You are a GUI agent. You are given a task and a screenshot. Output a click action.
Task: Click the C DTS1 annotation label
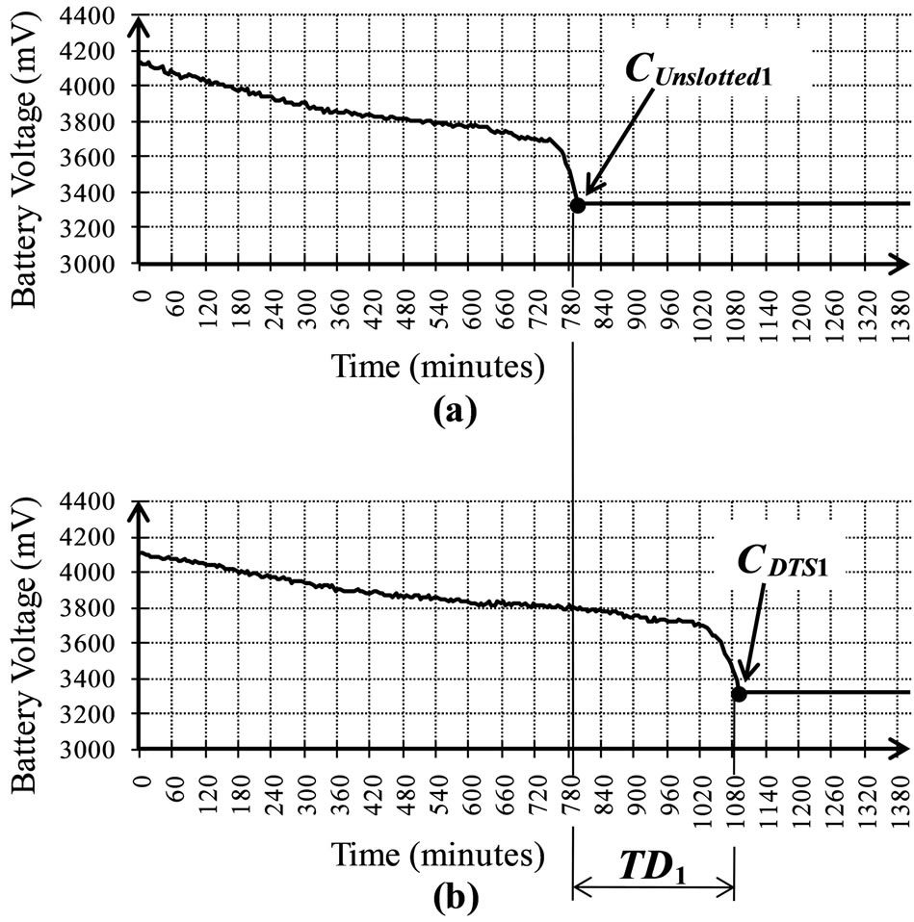coord(783,566)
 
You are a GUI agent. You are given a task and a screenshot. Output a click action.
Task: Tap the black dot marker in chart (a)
coord(577,205)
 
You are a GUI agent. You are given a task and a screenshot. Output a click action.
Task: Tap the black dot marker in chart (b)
coord(739,694)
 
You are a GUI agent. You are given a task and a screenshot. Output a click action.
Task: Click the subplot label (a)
coord(455,411)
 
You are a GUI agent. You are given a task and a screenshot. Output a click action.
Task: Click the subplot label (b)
coord(455,901)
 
